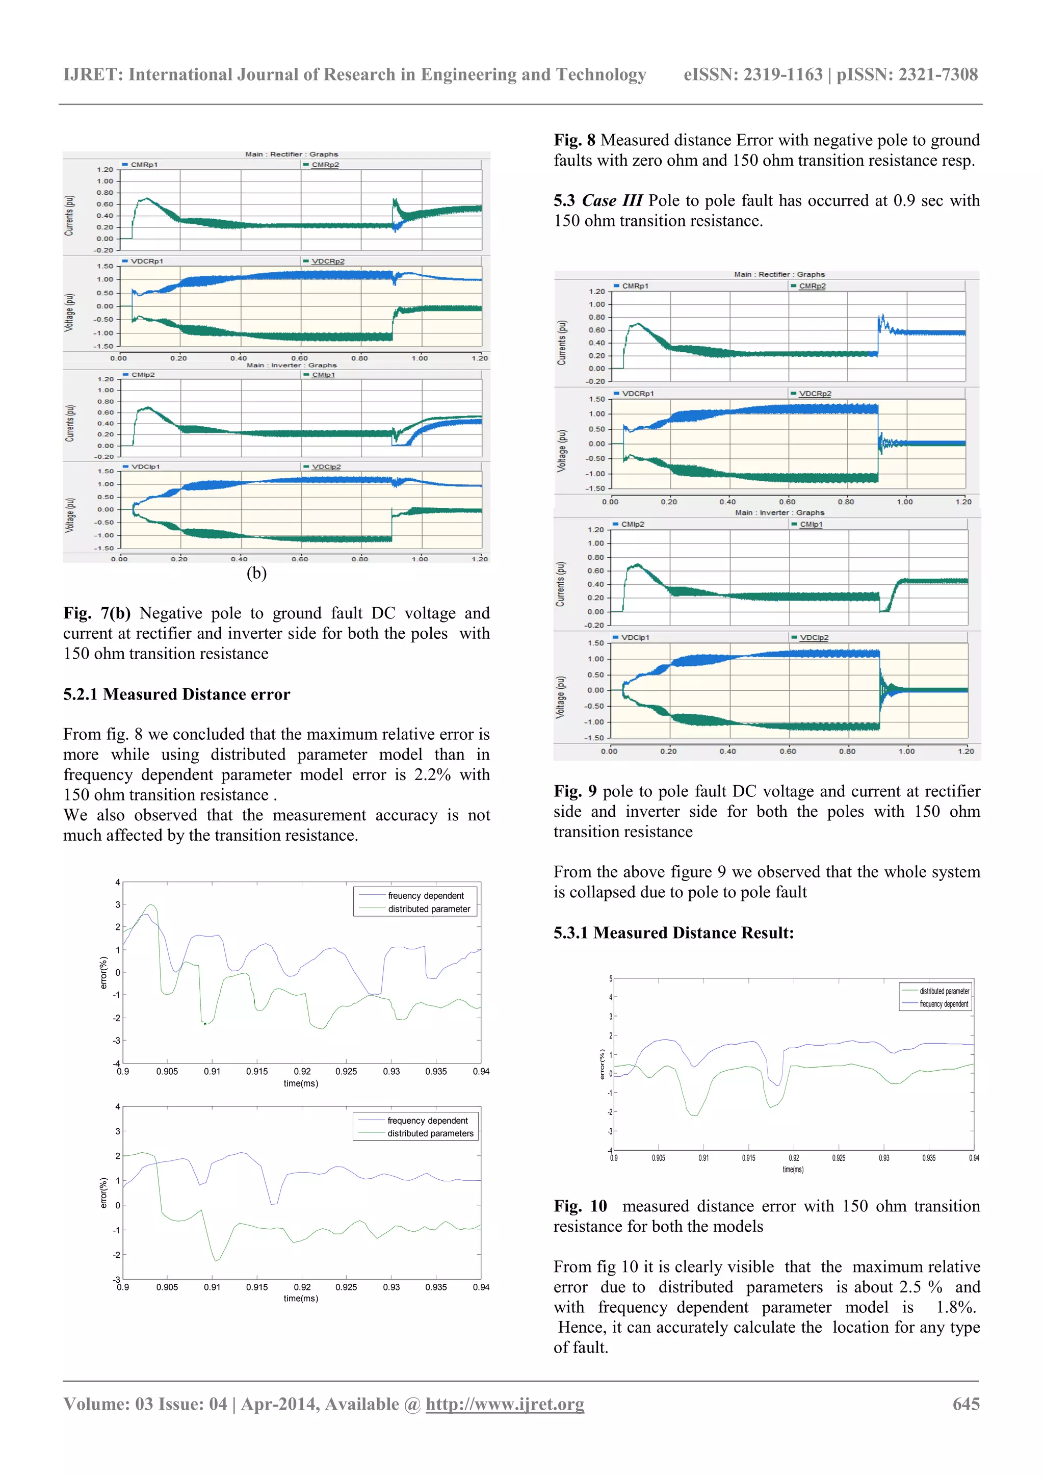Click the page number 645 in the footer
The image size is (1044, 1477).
pyautogui.click(x=965, y=1404)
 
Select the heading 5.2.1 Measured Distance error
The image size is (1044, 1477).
pyautogui.click(x=176, y=694)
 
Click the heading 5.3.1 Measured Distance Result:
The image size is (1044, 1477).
pyautogui.click(x=673, y=933)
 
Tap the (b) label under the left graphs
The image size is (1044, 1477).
pyautogui.click(x=256, y=573)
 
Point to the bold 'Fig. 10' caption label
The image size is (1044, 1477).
pyautogui.click(x=580, y=1206)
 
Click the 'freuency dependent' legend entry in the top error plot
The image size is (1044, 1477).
pyautogui.click(x=425, y=895)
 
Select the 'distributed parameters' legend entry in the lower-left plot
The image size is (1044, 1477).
pyautogui.click(x=430, y=1133)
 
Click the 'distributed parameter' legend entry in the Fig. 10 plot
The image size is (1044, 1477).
pyautogui.click(x=944, y=991)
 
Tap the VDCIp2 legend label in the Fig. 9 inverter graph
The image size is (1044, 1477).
pyautogui.click(x=814, y=637)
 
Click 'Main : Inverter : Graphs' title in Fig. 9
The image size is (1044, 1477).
pyautogui.click(x=779, y=513)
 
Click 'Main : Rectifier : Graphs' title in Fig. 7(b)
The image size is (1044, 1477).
pyautogui.click(x=292, y=154)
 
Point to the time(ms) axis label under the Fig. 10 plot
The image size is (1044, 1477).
pyautogui.click(x=793, y=1170)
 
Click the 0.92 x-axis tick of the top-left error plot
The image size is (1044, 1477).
pyautogui.click(x=302, y=1072)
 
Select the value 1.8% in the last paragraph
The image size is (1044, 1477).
pyautogui.click(x=956, y=1307)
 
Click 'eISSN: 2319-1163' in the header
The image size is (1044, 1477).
pyautogui.click(x=752, y=74)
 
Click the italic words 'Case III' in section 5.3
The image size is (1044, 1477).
pyautogui.click(x=612, y=201)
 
